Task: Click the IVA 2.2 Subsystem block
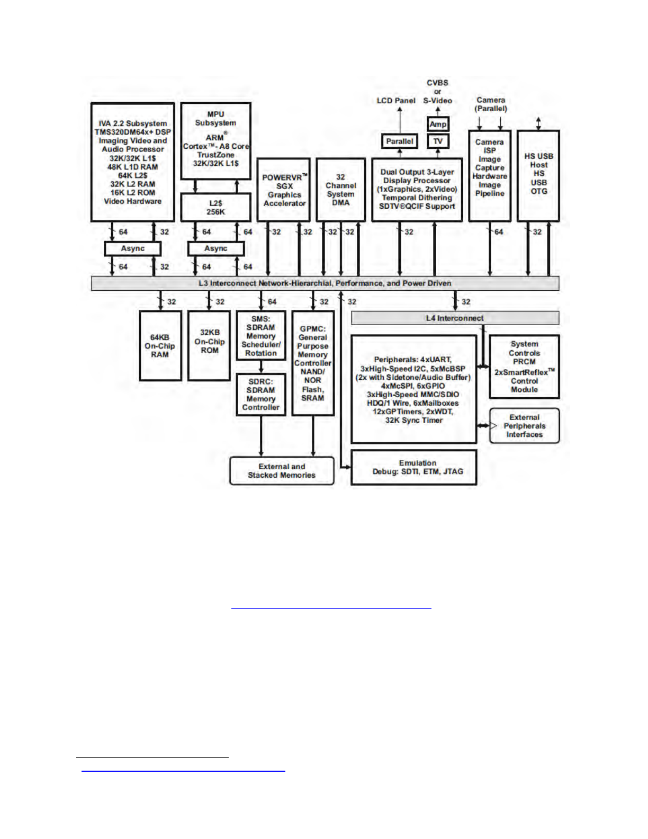132,162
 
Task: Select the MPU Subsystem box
215,140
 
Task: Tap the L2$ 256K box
215,207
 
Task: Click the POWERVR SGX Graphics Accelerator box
284,190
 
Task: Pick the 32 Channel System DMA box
340,190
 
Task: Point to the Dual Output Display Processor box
417,190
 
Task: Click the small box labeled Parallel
399,141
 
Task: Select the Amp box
438,124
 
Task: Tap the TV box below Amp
438,141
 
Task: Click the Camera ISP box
490,175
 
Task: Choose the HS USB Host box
538,175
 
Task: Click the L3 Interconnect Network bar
325,283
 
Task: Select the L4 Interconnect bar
455,318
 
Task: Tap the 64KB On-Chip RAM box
160,346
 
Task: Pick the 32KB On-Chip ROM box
209,346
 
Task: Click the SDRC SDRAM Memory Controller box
261,395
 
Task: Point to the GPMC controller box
313,363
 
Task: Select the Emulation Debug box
413,467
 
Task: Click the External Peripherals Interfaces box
524,426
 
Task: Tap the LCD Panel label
396,101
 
